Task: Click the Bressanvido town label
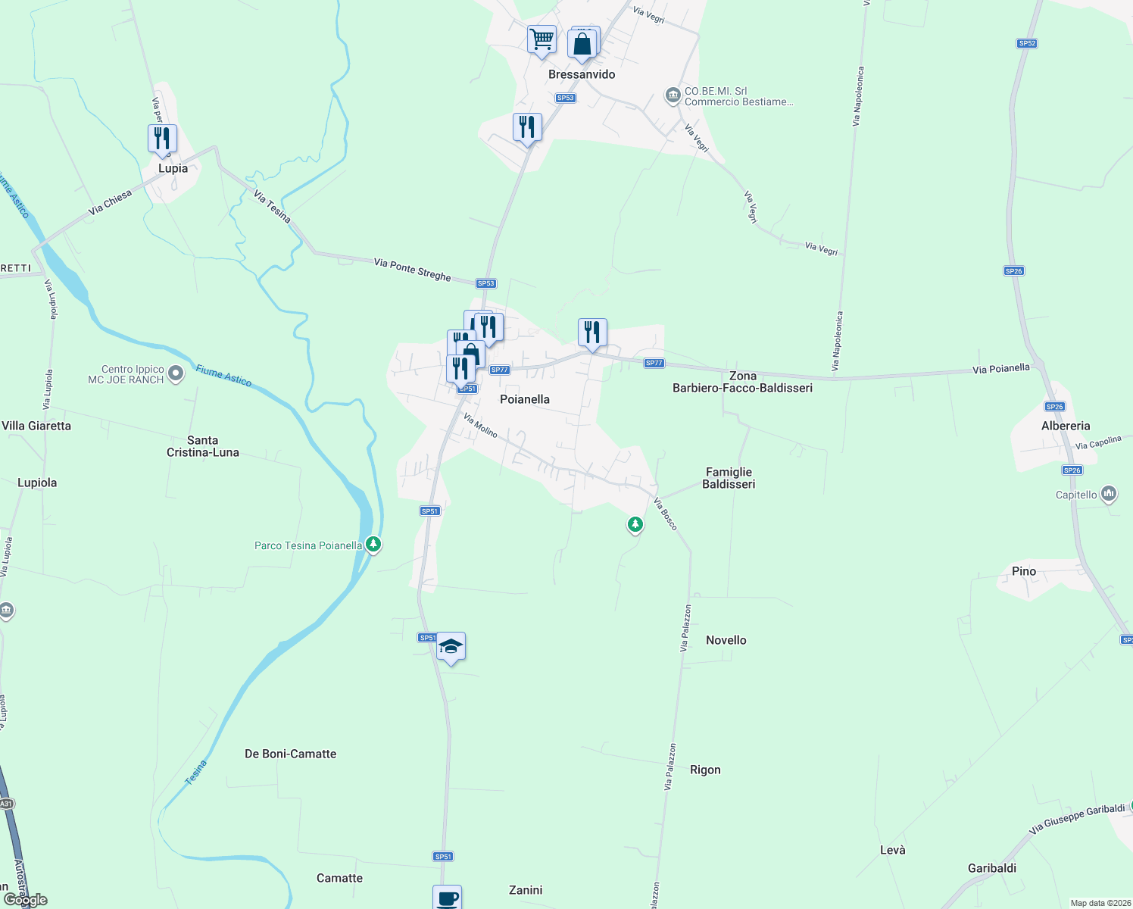(582, 74)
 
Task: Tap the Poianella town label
(525, 399)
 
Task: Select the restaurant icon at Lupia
(162, 139)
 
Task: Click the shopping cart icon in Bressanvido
(542, 39)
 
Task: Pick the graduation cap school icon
(451, 647)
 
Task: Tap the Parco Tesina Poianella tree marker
(373, 544)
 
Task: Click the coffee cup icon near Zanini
(447, 898)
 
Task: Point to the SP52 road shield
(1027, 43)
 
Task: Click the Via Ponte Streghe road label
(412, 270)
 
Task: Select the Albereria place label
(1066, 426)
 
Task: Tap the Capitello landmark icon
(1109, 495)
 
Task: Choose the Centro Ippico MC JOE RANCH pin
(176, 373)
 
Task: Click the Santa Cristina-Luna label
(203, 446)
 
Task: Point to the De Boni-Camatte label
(290, 754)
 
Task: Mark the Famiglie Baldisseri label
(729, 478)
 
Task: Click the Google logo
(26, 900)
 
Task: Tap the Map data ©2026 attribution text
(1100, 903)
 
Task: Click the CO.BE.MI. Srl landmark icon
(672, 95)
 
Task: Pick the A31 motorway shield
(6, 804)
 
